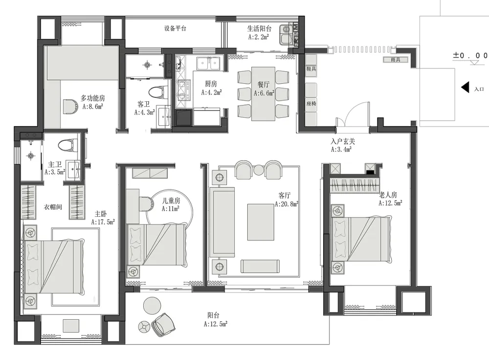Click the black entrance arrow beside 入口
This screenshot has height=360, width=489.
pos(466,88)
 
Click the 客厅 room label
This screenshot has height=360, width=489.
pos(285,196)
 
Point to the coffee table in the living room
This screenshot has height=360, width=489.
pos(261,222)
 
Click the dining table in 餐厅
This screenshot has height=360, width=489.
pos(263,93)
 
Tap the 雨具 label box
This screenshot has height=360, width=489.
pos(396,60)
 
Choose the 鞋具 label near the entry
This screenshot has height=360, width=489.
pos(311,68)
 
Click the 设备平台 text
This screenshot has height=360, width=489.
pos(175,29)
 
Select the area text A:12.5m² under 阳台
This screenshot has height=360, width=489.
pos(216,324)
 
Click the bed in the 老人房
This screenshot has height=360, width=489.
pos(361,239)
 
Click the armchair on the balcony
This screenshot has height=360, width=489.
pos(163,325)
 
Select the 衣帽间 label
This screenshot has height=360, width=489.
pos(53,207)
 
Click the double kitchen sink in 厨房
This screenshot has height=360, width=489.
pos(208,64)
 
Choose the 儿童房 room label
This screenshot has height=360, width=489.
pos(171,200)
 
